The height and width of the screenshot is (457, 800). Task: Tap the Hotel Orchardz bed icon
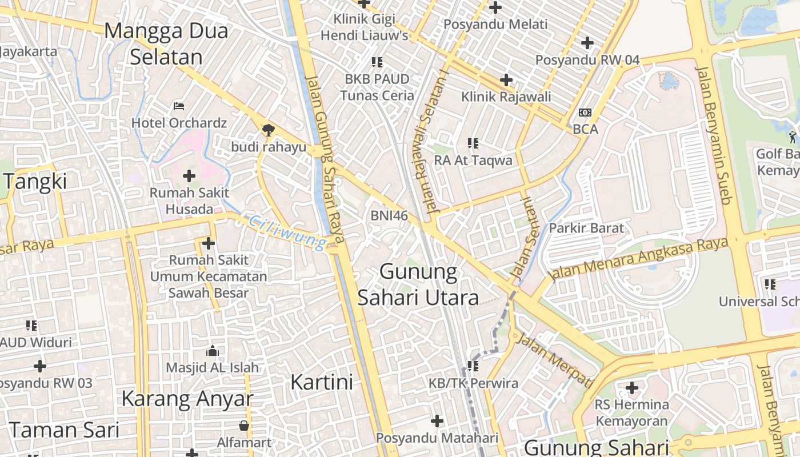click(179, 106)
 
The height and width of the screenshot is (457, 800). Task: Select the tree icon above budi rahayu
click(267, 130)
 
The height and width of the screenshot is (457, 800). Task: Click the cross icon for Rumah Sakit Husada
click(189, 176)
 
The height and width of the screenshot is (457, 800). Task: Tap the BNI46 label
click(389, 215)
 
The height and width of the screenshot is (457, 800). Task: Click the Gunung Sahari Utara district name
click(418, 284)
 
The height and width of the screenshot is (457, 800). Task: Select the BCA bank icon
click(585, 113)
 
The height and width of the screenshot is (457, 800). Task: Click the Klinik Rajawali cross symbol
click(506, 80)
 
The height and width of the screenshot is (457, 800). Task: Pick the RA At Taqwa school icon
click(473, 143)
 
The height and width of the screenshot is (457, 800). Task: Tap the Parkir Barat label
click(586, 228)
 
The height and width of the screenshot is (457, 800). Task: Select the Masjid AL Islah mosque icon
click(213, 350)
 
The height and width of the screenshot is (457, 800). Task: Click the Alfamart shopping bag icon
click(244, 426)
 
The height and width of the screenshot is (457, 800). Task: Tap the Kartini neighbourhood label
click(322, 382)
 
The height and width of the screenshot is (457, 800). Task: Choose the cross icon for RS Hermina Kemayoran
click(631, 388)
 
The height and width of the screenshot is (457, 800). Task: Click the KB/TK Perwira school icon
click(473, 366)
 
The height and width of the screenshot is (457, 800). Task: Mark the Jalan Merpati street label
click(553, 359)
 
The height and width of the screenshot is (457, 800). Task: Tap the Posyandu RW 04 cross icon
click(587, 43)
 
